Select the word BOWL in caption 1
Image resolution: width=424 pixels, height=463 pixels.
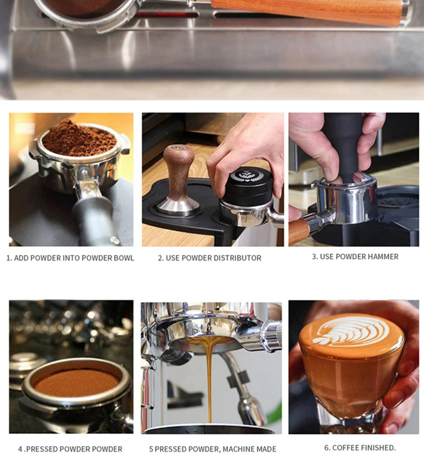(x=124, y=258)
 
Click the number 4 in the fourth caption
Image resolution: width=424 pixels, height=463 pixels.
(x=20, y=449)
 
